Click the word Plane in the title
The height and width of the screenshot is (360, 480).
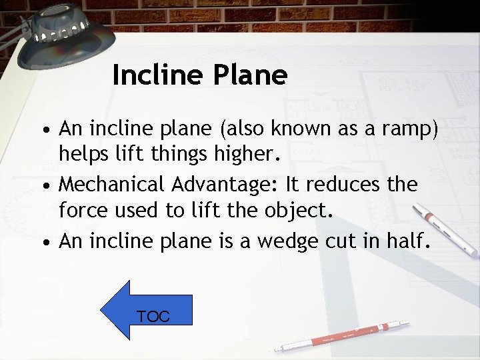tap(250, 75)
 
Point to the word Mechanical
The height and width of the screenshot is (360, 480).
tap(117, 184)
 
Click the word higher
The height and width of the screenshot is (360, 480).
tap(245, 155)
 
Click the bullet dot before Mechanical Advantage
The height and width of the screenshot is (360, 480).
tap(49, 185)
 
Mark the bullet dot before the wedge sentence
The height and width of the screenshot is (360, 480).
tap(49, 241)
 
